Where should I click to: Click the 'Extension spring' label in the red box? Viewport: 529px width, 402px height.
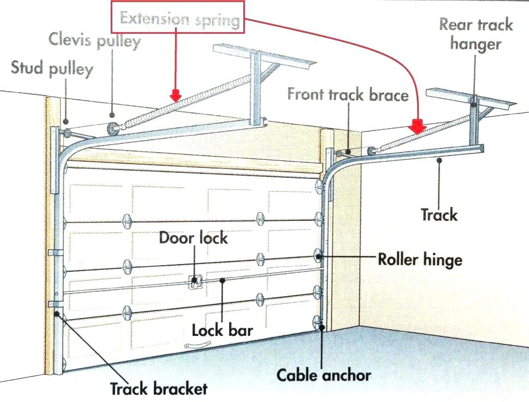coord(180,20)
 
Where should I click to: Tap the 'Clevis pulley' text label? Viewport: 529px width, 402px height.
coord(95,40)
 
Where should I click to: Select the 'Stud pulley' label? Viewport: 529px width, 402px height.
coord(52,68)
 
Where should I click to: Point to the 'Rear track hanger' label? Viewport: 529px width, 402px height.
coord(476,34)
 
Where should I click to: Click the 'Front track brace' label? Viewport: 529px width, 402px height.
coord(348,95)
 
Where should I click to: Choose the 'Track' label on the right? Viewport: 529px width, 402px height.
coord(439,214)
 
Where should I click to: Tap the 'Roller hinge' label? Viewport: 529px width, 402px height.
coord(420,259)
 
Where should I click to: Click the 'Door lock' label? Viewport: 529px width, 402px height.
coord(194,238)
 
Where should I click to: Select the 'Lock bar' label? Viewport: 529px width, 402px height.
coord(223,330)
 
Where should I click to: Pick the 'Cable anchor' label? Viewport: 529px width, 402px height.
coord(324,375)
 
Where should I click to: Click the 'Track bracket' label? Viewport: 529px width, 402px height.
coord(159,388)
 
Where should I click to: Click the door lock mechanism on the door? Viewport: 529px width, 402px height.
coord(195,281)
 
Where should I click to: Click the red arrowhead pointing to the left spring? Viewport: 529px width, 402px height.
coord(176,95)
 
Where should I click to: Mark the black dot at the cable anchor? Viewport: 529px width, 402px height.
coord(323,328)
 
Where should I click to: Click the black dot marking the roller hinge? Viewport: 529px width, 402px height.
coord(319,255)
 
